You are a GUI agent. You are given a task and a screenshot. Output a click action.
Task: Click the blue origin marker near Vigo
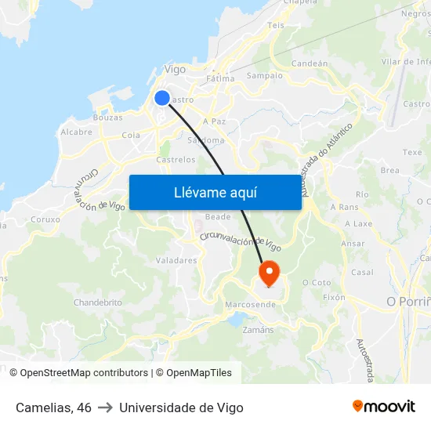[162, 98]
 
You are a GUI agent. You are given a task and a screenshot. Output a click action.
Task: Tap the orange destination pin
[269, 273]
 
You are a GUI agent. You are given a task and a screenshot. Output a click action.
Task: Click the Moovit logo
[383, 407]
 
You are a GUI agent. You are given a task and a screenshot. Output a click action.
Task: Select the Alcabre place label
[76, 132]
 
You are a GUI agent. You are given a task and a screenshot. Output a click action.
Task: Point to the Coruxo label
[45, 219]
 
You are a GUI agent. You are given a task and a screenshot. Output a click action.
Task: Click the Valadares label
[176, 260]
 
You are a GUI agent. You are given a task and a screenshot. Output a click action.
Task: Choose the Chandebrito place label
[97, 302]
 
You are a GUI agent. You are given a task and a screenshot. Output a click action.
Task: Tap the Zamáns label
[259, 330]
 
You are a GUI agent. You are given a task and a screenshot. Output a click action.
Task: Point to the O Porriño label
[408, 302]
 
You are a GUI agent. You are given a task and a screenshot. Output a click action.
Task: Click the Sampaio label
[264, 76]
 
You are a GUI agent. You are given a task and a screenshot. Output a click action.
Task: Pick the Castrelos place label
[176, 159]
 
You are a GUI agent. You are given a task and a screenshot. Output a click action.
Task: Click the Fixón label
[334, 298]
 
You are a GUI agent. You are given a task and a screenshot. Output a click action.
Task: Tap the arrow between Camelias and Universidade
[105, 407]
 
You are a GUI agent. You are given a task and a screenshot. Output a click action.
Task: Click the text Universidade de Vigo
[181, 407]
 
